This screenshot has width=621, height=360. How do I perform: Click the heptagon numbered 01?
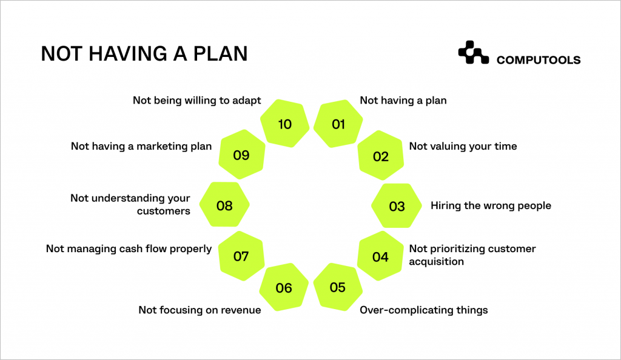coord(338,124)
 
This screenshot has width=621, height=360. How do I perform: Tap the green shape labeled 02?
coord(381,156)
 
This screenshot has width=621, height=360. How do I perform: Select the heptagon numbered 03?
coord(397,206)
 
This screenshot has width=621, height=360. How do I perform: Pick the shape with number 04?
coord(380,256)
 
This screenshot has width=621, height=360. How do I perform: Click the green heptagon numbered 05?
coord(338,287)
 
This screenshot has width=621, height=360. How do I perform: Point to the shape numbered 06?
coord(284,288)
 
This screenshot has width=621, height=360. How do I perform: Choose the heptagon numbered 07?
coord(241,256)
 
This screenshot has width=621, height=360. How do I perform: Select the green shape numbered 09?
coord(241,155)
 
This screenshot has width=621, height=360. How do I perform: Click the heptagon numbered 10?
coord(284,124)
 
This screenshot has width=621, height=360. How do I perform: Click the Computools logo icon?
coord(473,53)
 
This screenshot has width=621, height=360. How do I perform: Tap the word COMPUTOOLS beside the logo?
coord(538,60)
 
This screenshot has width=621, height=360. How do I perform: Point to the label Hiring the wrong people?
coord(491,205)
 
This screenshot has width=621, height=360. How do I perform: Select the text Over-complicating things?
coord(423,310)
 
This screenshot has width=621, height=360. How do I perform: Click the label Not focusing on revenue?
coord(200,310)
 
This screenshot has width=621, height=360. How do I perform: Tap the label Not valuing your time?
coord(463,146)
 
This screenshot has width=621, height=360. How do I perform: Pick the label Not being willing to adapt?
coord(196,100)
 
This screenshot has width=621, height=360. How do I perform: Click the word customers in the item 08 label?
coord(163,211)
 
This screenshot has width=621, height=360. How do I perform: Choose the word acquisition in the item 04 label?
coord(436,261)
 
